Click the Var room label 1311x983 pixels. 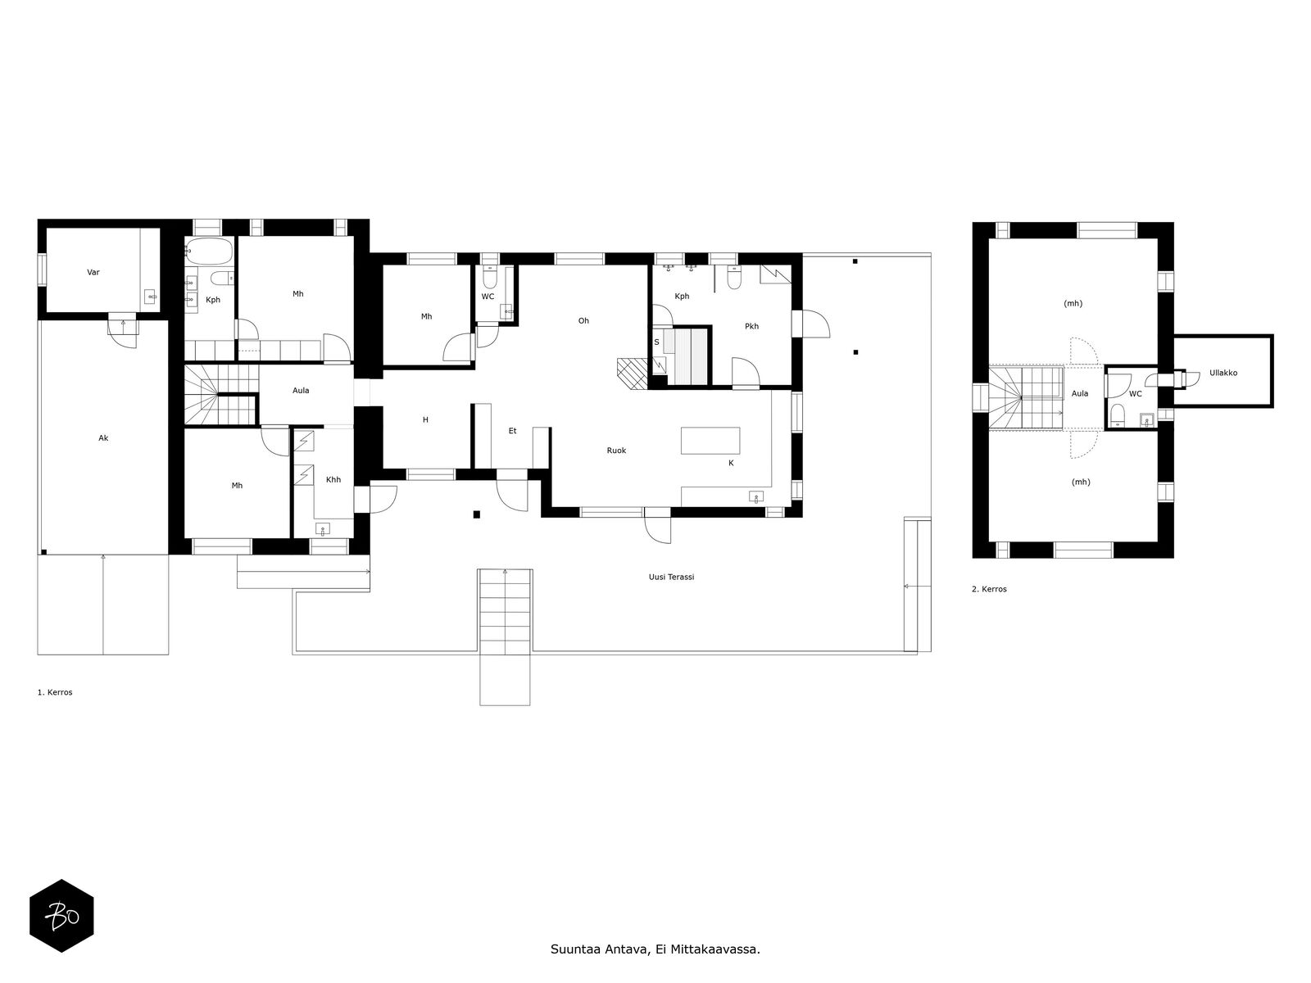click(93, 272)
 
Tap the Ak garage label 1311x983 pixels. click(103, 438)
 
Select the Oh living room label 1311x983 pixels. click(583, 321)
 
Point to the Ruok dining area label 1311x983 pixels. click(616, 451)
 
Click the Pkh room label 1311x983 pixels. click(751, 327)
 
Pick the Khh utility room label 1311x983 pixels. click(333, 480)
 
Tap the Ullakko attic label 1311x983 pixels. click(1223, 373)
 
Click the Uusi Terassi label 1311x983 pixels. click(671, 578)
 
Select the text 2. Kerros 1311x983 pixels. click(989, 589)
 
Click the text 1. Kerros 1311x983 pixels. click(55, 692)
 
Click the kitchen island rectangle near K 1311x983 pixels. click(710, 441)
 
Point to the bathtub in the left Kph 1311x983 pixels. click(207, 251)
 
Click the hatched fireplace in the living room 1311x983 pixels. click(633, 374)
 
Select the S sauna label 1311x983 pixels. click(656, 342)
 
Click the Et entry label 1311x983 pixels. click(512, 431)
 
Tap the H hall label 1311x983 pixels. click(425, 420)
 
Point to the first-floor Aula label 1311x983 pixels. click(301, 391)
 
